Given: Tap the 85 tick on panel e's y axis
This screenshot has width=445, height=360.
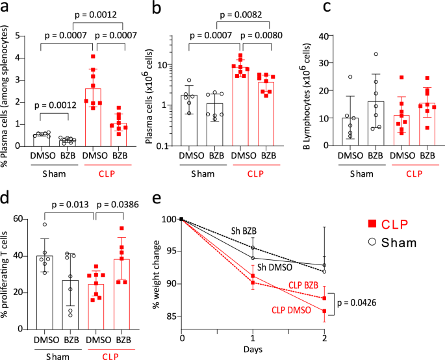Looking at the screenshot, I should tap(170, 316).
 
